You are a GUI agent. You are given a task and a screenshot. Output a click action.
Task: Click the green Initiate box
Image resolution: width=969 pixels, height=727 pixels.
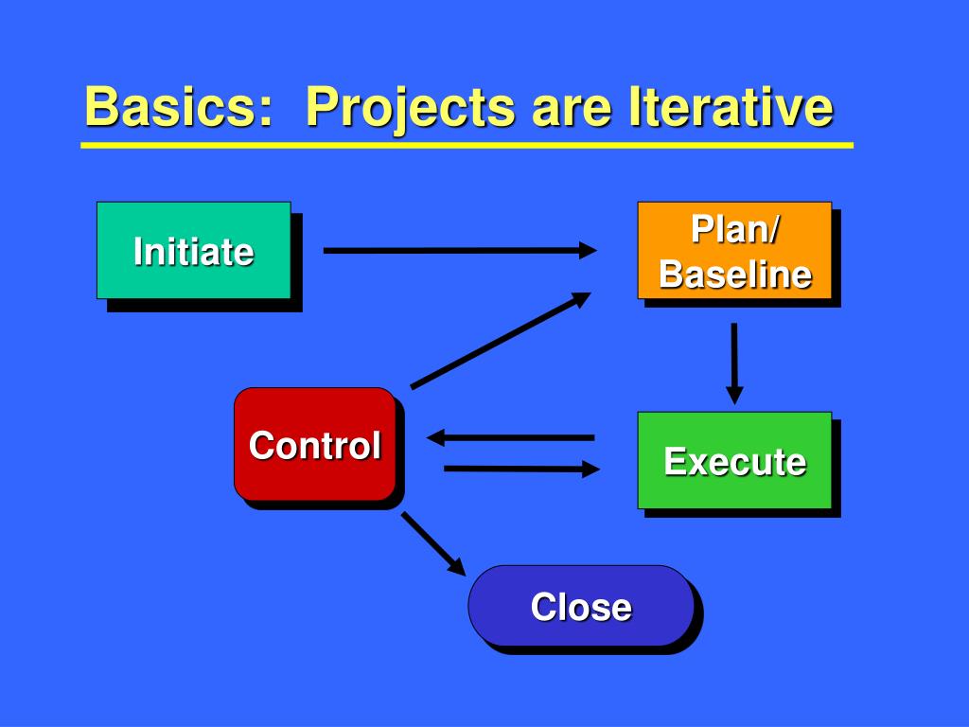(x=193, y=250)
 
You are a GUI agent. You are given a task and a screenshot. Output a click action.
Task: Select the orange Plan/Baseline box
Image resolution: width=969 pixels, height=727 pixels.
(x=734, y=250)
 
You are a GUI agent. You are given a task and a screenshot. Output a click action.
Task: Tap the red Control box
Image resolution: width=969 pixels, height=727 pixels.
(x=314, y=444)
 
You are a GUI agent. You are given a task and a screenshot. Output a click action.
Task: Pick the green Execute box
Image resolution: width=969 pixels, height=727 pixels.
(x=734, y=461)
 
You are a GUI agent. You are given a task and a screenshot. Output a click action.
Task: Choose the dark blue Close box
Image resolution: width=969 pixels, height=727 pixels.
(x=582, y=606)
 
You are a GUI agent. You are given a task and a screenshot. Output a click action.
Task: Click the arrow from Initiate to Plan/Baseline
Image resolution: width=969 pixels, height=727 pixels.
(x=460, y=250)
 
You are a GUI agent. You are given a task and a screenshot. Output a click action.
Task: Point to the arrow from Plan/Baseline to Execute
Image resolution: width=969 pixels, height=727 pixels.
(x=734, y=363)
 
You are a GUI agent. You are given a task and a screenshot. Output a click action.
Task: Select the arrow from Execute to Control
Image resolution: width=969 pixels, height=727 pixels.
(x=510, y=437)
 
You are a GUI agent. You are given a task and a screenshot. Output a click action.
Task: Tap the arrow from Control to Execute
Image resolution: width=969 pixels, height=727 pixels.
(x=521, y=469)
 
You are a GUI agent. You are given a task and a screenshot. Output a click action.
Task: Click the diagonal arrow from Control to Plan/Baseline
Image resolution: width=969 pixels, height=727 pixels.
(x=502, y=341)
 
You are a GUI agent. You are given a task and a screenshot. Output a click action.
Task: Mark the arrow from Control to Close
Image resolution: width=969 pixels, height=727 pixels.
(x=433, y=544)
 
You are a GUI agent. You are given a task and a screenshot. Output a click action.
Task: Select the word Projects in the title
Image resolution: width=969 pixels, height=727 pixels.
(x=410, y=110)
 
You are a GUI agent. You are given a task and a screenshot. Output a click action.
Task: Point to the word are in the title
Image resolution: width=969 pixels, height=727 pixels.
(x=572, y=112)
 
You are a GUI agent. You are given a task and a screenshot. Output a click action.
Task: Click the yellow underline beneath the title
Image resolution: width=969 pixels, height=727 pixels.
(x=467, y=145)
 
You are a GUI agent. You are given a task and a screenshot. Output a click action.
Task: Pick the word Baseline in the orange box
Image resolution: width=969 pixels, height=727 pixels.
(x=734, y=274)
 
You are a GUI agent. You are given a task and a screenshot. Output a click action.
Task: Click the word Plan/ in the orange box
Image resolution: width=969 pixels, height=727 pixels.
(x=734, y=229)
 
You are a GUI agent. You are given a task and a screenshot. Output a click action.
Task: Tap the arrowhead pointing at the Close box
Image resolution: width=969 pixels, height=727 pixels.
(x=457, y=566)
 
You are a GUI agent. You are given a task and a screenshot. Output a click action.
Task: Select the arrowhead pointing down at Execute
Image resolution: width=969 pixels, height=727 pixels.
(x=734, y=396)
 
